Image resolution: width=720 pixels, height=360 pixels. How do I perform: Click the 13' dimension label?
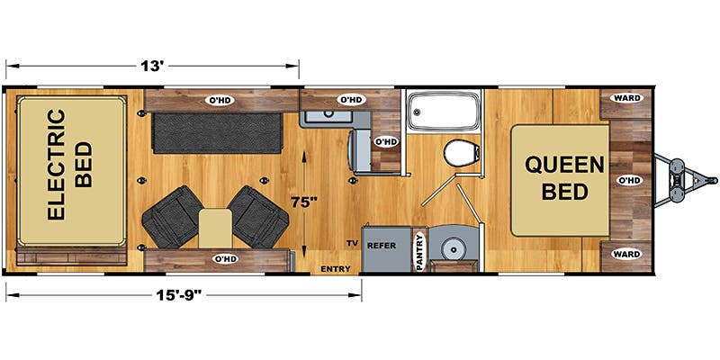click(x=152, y=66)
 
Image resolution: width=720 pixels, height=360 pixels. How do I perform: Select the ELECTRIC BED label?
click(x=70, y=164)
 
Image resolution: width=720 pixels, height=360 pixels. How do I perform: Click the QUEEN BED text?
click(x=564, y=177)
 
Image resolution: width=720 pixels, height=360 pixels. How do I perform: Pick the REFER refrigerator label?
click(x=381, y=246)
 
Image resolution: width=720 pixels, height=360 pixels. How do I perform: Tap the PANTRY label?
click(x=419, y=252)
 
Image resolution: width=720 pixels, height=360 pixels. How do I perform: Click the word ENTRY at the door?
click(x=335, y=269)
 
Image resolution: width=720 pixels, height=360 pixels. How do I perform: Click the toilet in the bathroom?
click(x=462, y=153)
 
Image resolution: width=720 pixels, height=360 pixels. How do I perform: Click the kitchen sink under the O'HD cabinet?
click(x=327, y=113)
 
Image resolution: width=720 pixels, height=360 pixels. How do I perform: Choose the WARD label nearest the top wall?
click(x=627, y=98)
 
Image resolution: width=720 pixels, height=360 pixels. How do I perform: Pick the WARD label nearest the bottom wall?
click(x=627, y=254)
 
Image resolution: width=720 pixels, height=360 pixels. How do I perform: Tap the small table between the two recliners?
click(x=215, y=229)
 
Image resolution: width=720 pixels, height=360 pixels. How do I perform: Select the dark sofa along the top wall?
click(x=216, y=133)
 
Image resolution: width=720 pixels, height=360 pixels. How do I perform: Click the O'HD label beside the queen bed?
click(x=628, y=181)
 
